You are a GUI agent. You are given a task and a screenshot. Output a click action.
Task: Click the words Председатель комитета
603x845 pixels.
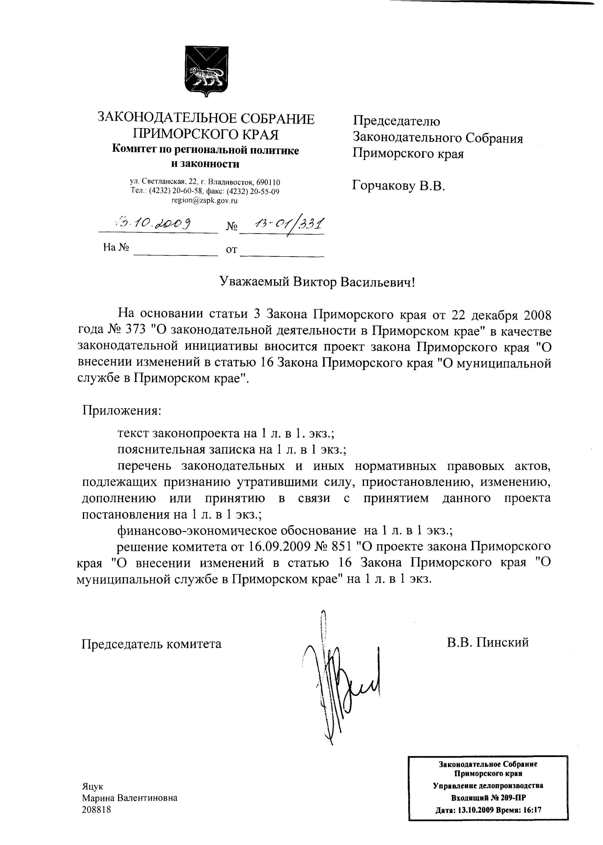151,643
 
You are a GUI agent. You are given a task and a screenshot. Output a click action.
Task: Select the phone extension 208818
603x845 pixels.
97,810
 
